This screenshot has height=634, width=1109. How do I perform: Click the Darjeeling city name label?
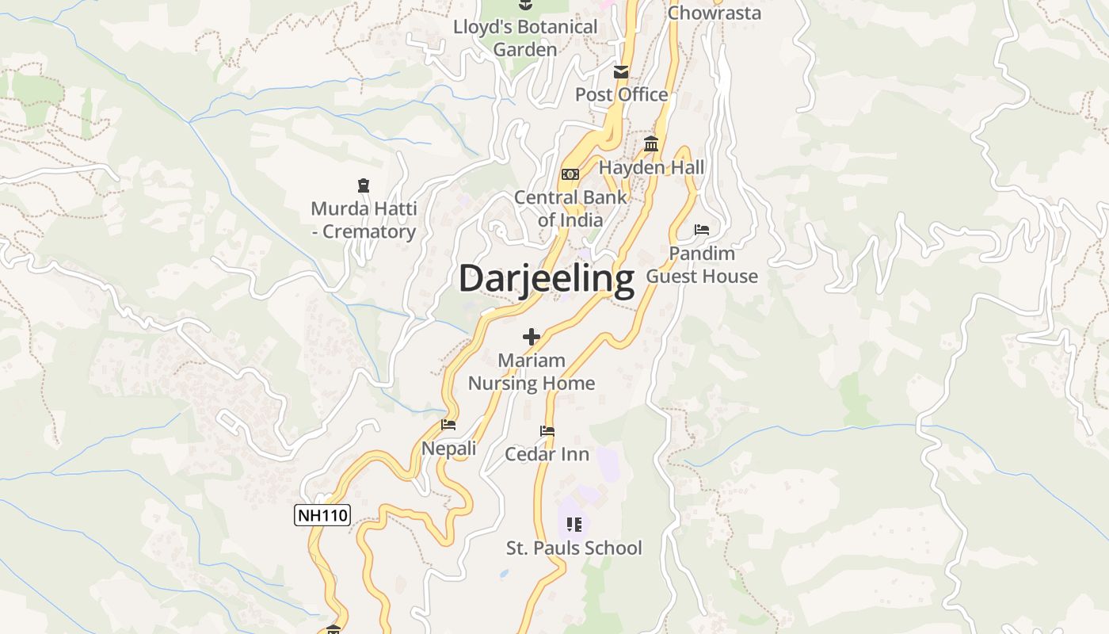click(x=547, y=279)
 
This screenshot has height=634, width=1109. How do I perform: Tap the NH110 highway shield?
click(x=322, y=515)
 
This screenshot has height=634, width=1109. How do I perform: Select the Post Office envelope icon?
click(x=621, y=72)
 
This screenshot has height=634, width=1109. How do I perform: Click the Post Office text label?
click(x=621, y=95)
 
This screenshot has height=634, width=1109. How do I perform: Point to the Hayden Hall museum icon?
click(x=651, y=143)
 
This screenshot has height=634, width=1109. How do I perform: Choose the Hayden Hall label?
click(x=651, y=168)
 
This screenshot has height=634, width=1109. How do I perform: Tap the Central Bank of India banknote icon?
click(x=570, y=174)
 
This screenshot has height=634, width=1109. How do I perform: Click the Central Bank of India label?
click(x=570, y=208)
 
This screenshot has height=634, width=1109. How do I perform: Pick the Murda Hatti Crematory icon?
click(x=364, y=185)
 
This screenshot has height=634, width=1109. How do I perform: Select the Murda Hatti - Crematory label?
click(x=364, y=220)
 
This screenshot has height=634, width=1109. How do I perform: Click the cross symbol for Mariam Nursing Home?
click(x=531, y=337)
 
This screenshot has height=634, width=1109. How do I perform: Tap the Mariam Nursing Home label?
click(x=531, y=372)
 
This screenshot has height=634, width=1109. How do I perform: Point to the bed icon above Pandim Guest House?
click(x=702, y=230)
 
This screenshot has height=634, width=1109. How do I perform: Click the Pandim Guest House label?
click(x=702, y=265)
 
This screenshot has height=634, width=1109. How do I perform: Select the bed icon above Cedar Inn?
click(x=547, y=431)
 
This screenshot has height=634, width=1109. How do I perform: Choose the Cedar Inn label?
click(x=547, y=454)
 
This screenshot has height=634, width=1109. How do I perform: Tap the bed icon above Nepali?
click(x=448, y=425)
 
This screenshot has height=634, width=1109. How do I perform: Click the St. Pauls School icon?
click(x=574, y=524)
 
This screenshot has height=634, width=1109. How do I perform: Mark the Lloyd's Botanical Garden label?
click(x=525, y=38)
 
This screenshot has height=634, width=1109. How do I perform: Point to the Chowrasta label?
click(x=715, y=13)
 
